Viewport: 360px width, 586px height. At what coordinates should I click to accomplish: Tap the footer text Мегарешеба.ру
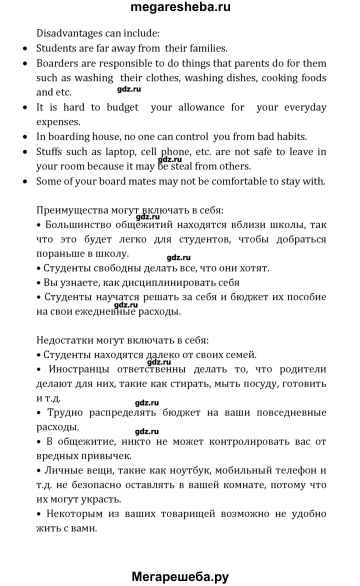[x=180, y=576]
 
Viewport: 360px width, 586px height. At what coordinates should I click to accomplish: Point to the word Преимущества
[x=70, y=210]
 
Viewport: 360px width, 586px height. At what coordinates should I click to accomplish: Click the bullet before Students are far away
[x=26, y=49]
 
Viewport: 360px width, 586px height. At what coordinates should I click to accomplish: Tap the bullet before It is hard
[x=26, y=107]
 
